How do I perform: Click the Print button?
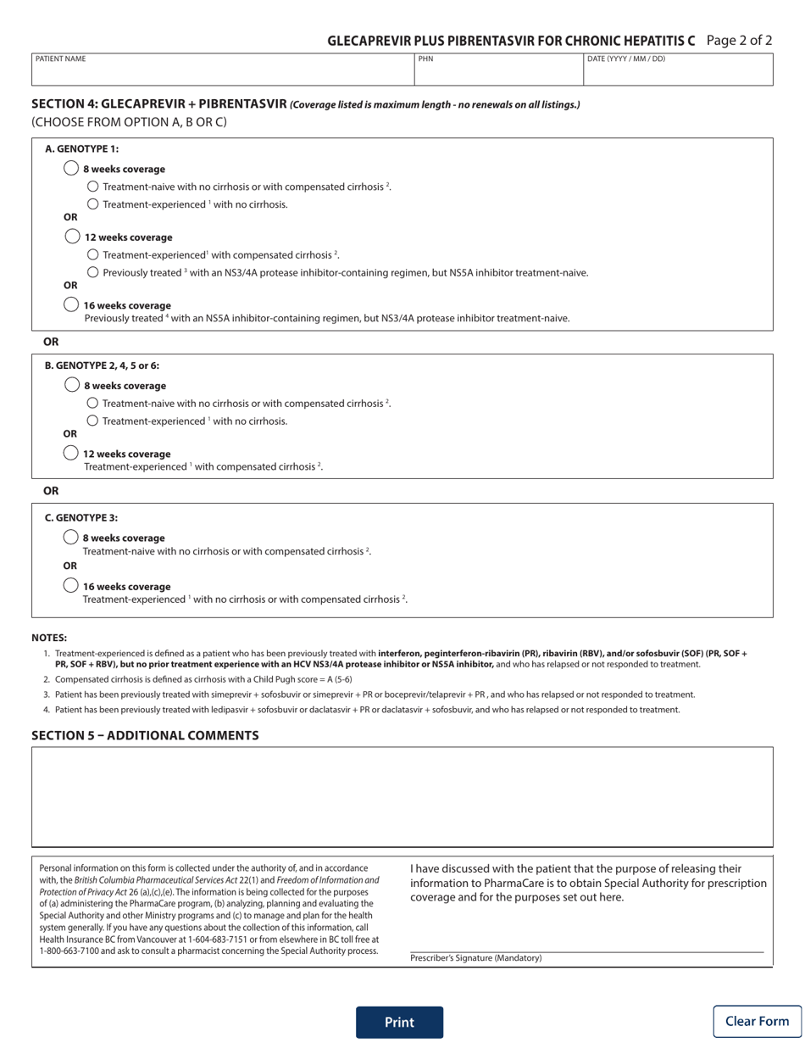click(x=399, y=1022)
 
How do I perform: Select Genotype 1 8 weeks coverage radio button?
click(x=72, y=169)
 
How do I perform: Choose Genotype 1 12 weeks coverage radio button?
click(x=72, y=237)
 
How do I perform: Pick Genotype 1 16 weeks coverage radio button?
click(x=72, y=304)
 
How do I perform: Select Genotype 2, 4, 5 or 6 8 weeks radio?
click(x=72, y=385)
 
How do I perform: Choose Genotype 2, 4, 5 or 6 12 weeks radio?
click(x=72, y=453)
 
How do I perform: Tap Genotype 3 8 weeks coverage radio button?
click(x=72, y=538)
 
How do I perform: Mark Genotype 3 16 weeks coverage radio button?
click(x=72, y=586)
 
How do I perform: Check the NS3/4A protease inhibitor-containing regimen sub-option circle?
click(x=93, y=272)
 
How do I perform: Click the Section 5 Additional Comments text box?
click(x=402, y=796)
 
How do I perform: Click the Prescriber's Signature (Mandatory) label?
click(x=475, y=958)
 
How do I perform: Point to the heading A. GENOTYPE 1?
click(x=81, y=149)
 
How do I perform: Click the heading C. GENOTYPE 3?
click(x=81, y=517)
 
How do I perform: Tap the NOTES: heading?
click(x=49, y=638)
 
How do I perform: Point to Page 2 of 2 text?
click(x=738, y=40)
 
